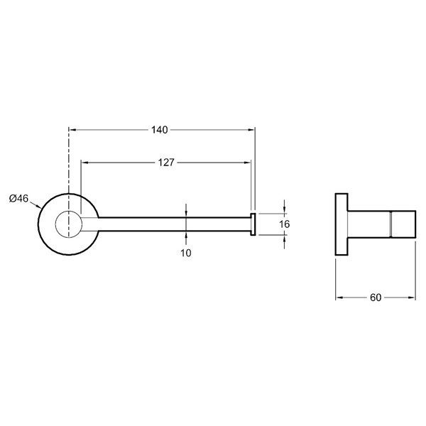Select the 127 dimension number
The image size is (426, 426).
[165, 163]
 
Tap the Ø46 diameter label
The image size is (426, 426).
[18, 199]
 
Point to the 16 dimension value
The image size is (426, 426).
[284, 224]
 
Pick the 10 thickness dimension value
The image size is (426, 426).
[186, 253]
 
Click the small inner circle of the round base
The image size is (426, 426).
[69, 223]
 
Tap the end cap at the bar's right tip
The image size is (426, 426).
[252, 223]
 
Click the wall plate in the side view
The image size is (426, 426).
[342, 224]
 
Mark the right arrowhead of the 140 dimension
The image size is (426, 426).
[252, 130]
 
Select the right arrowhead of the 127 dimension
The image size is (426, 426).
[248, 163]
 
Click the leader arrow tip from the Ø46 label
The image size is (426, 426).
[40, 210]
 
